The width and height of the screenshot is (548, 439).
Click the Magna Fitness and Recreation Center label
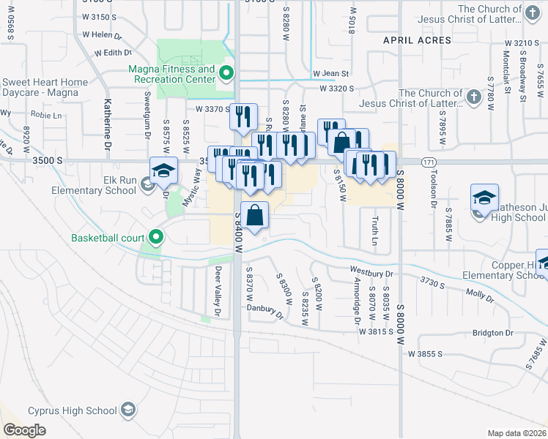coord(171,74)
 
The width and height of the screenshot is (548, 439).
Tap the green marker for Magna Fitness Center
coord(226,72)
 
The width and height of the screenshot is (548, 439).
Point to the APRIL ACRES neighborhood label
coord(418,41)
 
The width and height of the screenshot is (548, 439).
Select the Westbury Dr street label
coord(372,271)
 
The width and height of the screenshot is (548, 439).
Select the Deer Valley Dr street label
coord(218,291)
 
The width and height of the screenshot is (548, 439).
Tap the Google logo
coord(25,430)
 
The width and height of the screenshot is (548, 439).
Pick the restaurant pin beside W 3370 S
coord(243,116)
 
